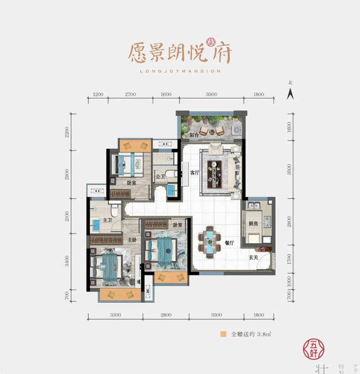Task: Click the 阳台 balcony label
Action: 194,135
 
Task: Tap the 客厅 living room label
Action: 194,173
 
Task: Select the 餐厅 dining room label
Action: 229,242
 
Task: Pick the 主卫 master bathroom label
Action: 107,221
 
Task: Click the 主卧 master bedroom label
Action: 131,240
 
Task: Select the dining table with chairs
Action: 210,241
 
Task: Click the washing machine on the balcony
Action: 236,130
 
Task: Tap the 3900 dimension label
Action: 211,95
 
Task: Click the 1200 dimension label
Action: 99,95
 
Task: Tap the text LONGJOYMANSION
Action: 180,71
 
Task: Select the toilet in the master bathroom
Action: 114,210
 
